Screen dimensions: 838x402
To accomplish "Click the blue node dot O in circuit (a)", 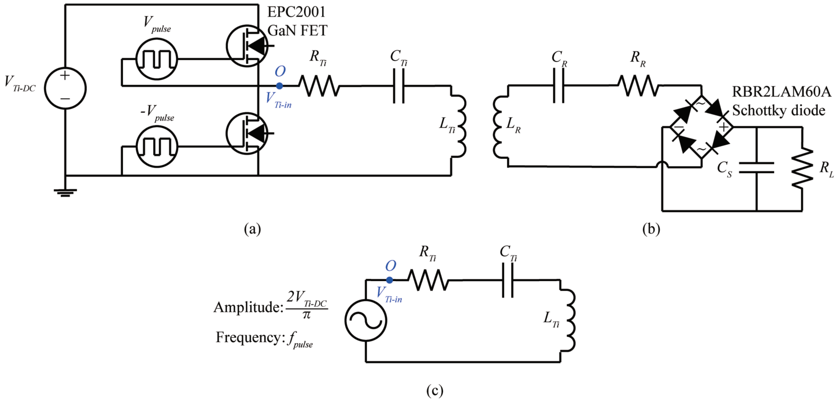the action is [279, 86].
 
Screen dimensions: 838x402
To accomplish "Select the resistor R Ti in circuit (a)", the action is [319, 86].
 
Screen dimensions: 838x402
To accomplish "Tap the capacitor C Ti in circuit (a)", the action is [399, 86].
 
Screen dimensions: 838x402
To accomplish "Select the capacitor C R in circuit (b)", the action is [559, 86].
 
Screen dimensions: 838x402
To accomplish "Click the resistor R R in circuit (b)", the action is [639, 86].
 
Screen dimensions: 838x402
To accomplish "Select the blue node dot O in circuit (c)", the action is [389, 280].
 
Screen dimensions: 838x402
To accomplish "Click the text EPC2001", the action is [296, 12].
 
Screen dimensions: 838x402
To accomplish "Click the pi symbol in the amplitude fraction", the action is [306, 315].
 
